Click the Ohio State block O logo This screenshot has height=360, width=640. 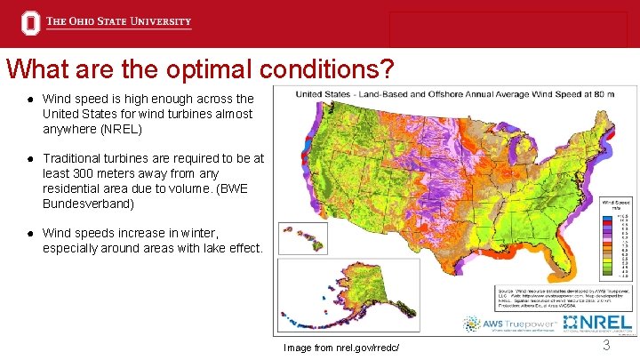tap(31, 23)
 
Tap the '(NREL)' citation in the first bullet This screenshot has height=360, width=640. tap(117, 129)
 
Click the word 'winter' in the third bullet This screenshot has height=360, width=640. tap(186, 233)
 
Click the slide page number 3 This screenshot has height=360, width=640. tap(605, 345)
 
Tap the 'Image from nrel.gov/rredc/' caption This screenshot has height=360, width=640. tap(341, 348)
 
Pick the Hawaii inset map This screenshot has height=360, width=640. tap(303, 238)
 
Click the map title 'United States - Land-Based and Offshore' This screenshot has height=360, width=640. tap(391, 93)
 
